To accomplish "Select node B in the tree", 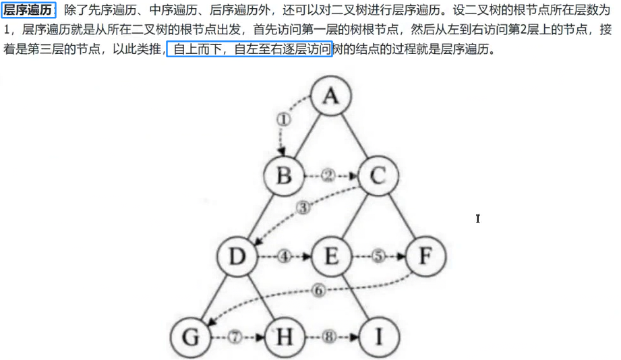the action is coord(284,177).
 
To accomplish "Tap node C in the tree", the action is coord(376,177).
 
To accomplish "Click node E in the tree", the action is coord(330,257).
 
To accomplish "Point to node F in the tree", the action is coord(423,257).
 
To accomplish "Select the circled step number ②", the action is coord(328,176).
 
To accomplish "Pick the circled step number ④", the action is coord(284,257).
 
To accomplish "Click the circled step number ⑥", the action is coord(319,291).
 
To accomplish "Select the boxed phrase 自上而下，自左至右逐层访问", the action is coord(249,50).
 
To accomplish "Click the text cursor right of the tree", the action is coord(477,218).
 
